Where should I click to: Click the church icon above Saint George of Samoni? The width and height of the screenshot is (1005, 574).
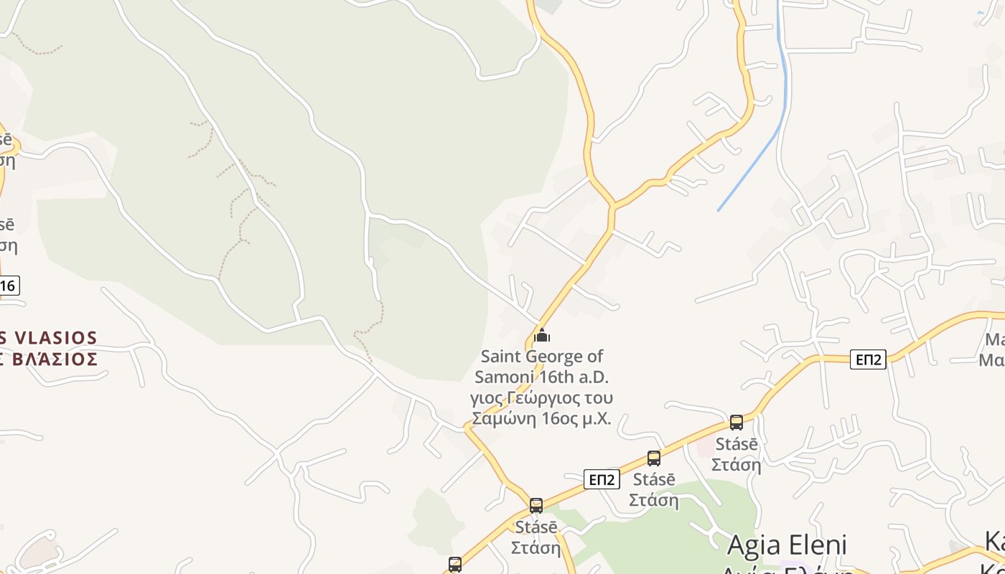pyautogui.click(x=542, y=335)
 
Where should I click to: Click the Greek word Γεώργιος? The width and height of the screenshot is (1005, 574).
pyautogui.click(x=547, y=397)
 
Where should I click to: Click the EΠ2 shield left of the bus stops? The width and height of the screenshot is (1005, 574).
pyautogui.click(x=601, y=479)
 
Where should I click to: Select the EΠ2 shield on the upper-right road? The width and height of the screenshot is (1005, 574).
pyautogui.click(x=868, y=359)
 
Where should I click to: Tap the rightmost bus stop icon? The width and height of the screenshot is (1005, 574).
pyautogui.click(x=736, y=423)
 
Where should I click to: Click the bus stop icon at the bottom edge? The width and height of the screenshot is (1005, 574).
pyautogui.click(x=454, y=565)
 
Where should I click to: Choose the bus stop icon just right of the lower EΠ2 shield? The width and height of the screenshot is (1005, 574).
pyautogui.click(x=653, y=458)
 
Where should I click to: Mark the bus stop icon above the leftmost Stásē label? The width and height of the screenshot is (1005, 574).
pyautogui.click(x=536, y=505)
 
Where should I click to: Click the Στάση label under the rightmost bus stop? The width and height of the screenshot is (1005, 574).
pyautogui.click(x=737, y=465)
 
